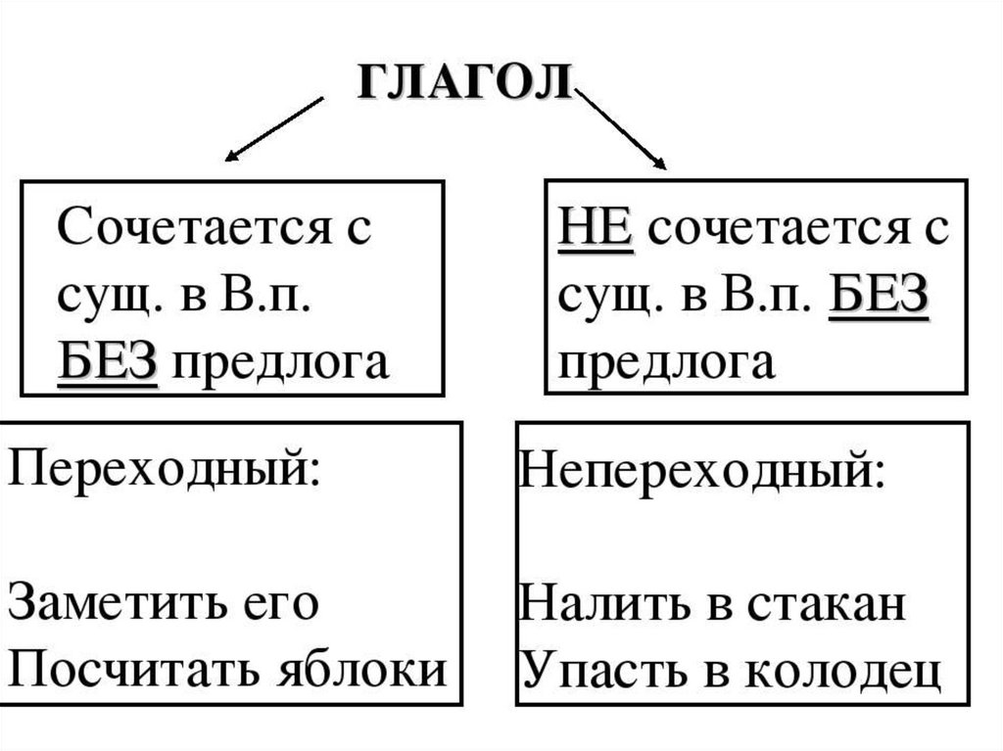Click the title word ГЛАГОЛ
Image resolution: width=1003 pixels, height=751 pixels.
click(x=464, y=84)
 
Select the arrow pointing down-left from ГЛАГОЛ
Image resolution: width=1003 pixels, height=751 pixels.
click(x=275, y=127)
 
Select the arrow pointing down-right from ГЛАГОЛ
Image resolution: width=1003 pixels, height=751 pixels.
click(x=623, y=128)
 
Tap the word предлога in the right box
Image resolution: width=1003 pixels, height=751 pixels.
click(x=667, y=363)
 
